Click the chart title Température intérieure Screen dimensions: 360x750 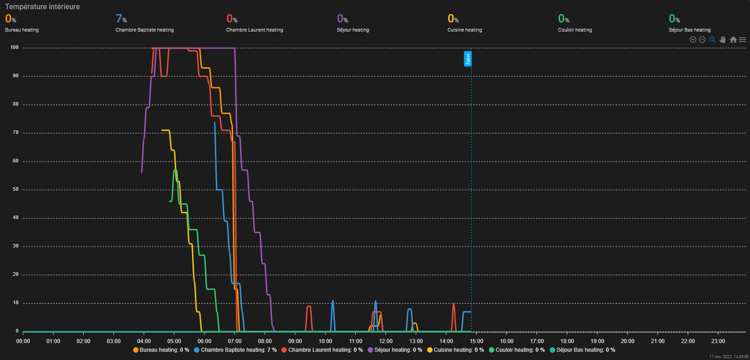(x=43, y=7)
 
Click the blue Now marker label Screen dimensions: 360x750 (x=467, y=59)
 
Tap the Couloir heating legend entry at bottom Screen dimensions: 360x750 (x=517, y=350)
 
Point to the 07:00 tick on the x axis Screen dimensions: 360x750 (x=235, y=341)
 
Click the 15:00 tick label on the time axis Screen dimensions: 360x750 (x=477, y=341)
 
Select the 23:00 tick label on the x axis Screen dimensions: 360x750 (x=718, y=341)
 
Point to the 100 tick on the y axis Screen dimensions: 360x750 (x=14, y=48)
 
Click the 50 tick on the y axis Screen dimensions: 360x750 (x=16, y=189)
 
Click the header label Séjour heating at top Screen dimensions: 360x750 (x=353, y=30)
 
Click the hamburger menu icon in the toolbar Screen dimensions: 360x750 (x=742, y=40)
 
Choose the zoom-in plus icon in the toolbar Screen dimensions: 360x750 (x=693, y=40)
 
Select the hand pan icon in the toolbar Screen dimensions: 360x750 (x=723, y=40)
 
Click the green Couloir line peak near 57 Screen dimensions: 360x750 (x=175, y=170)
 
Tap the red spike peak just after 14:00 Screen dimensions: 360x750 (x=454, y=304)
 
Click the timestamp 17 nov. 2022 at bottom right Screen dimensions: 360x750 (x=729, y=357)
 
